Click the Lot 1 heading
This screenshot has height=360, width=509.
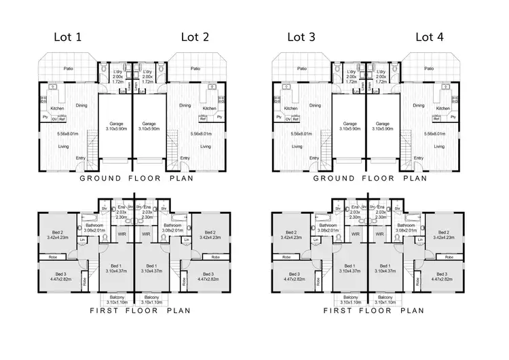(x=69, y=37)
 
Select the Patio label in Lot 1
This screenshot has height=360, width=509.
(x=69, y=69)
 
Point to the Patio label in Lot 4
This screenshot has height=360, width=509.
(x=428, y=69)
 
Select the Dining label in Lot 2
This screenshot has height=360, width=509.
(x=185, y=105)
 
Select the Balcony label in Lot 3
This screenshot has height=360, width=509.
(x=349, y=298)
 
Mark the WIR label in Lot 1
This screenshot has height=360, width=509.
(x=122, y=234)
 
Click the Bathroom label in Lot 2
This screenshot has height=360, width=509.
(x=171, y=226)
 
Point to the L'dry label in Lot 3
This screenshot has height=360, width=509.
(x=352, y=71)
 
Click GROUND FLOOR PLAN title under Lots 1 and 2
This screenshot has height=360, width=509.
(x=136, y=179)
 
